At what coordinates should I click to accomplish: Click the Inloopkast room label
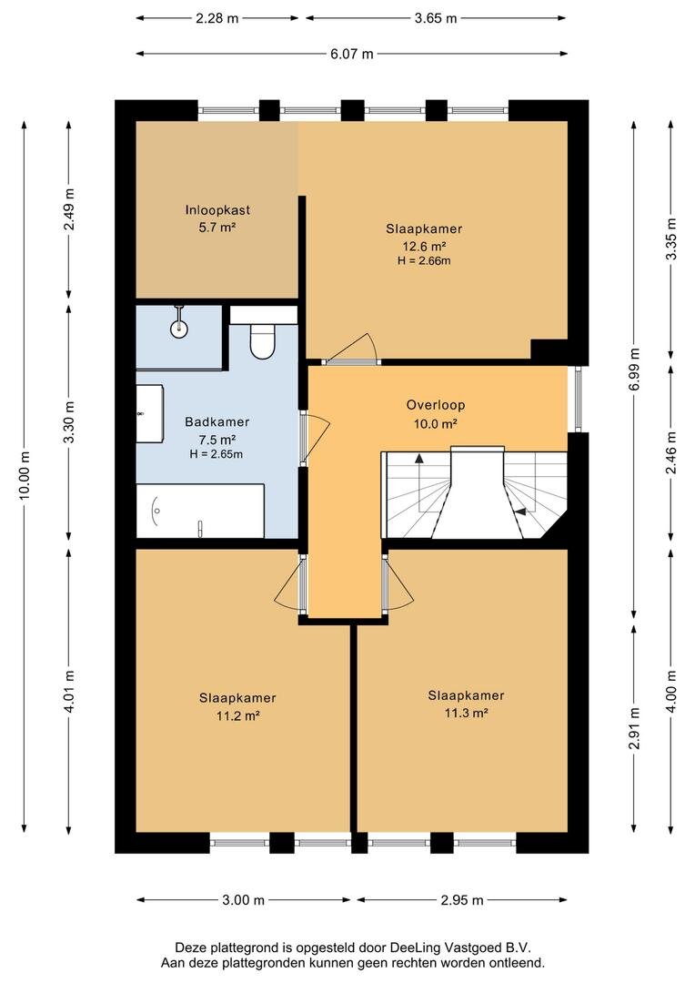[217, 210]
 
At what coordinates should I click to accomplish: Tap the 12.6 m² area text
[424, 247]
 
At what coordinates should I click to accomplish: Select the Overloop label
[436, 405]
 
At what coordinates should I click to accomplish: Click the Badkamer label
[217, 422]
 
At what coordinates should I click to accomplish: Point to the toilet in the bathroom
[263, 340]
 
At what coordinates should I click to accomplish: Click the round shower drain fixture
[179, 327]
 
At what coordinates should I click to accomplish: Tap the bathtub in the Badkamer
[200, 511]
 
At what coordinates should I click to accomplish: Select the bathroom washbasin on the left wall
[150, 414]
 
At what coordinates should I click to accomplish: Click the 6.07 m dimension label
[352, 54]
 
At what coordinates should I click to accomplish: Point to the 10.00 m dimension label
[25, 475]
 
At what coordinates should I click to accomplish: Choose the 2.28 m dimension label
[217, 18]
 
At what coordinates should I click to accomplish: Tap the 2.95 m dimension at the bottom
[462, 900]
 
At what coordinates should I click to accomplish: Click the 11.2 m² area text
[238, 715]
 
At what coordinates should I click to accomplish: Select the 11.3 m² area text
[467, 713]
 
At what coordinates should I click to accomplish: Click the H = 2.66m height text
[424, 261]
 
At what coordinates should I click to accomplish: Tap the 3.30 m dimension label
[69, 422]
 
